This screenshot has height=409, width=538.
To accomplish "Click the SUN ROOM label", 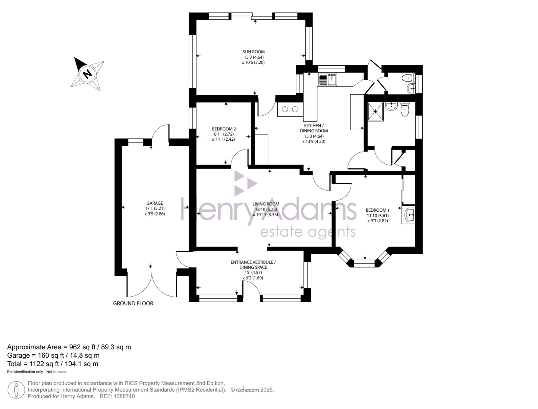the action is [254, 52].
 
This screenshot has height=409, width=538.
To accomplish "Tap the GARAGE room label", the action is [155, 203].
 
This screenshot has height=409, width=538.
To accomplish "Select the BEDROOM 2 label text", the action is [224, 129].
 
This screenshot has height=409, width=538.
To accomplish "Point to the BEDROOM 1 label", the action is [378, 210].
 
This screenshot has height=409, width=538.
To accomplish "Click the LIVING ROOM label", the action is [266, 204].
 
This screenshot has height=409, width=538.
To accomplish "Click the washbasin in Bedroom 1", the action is [409, 215].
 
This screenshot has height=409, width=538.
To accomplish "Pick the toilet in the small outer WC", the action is [408, 78].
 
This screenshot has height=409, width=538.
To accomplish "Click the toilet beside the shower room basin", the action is [405, 109].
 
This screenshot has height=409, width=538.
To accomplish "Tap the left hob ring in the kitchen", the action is [285, 109].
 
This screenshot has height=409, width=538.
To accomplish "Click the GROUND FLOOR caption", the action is [133, 303].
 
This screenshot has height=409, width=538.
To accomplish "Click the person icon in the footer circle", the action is [16, 390].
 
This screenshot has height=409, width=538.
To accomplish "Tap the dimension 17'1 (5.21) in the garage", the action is [155, 208].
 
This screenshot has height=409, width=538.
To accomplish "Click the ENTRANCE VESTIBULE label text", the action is [253, 262].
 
